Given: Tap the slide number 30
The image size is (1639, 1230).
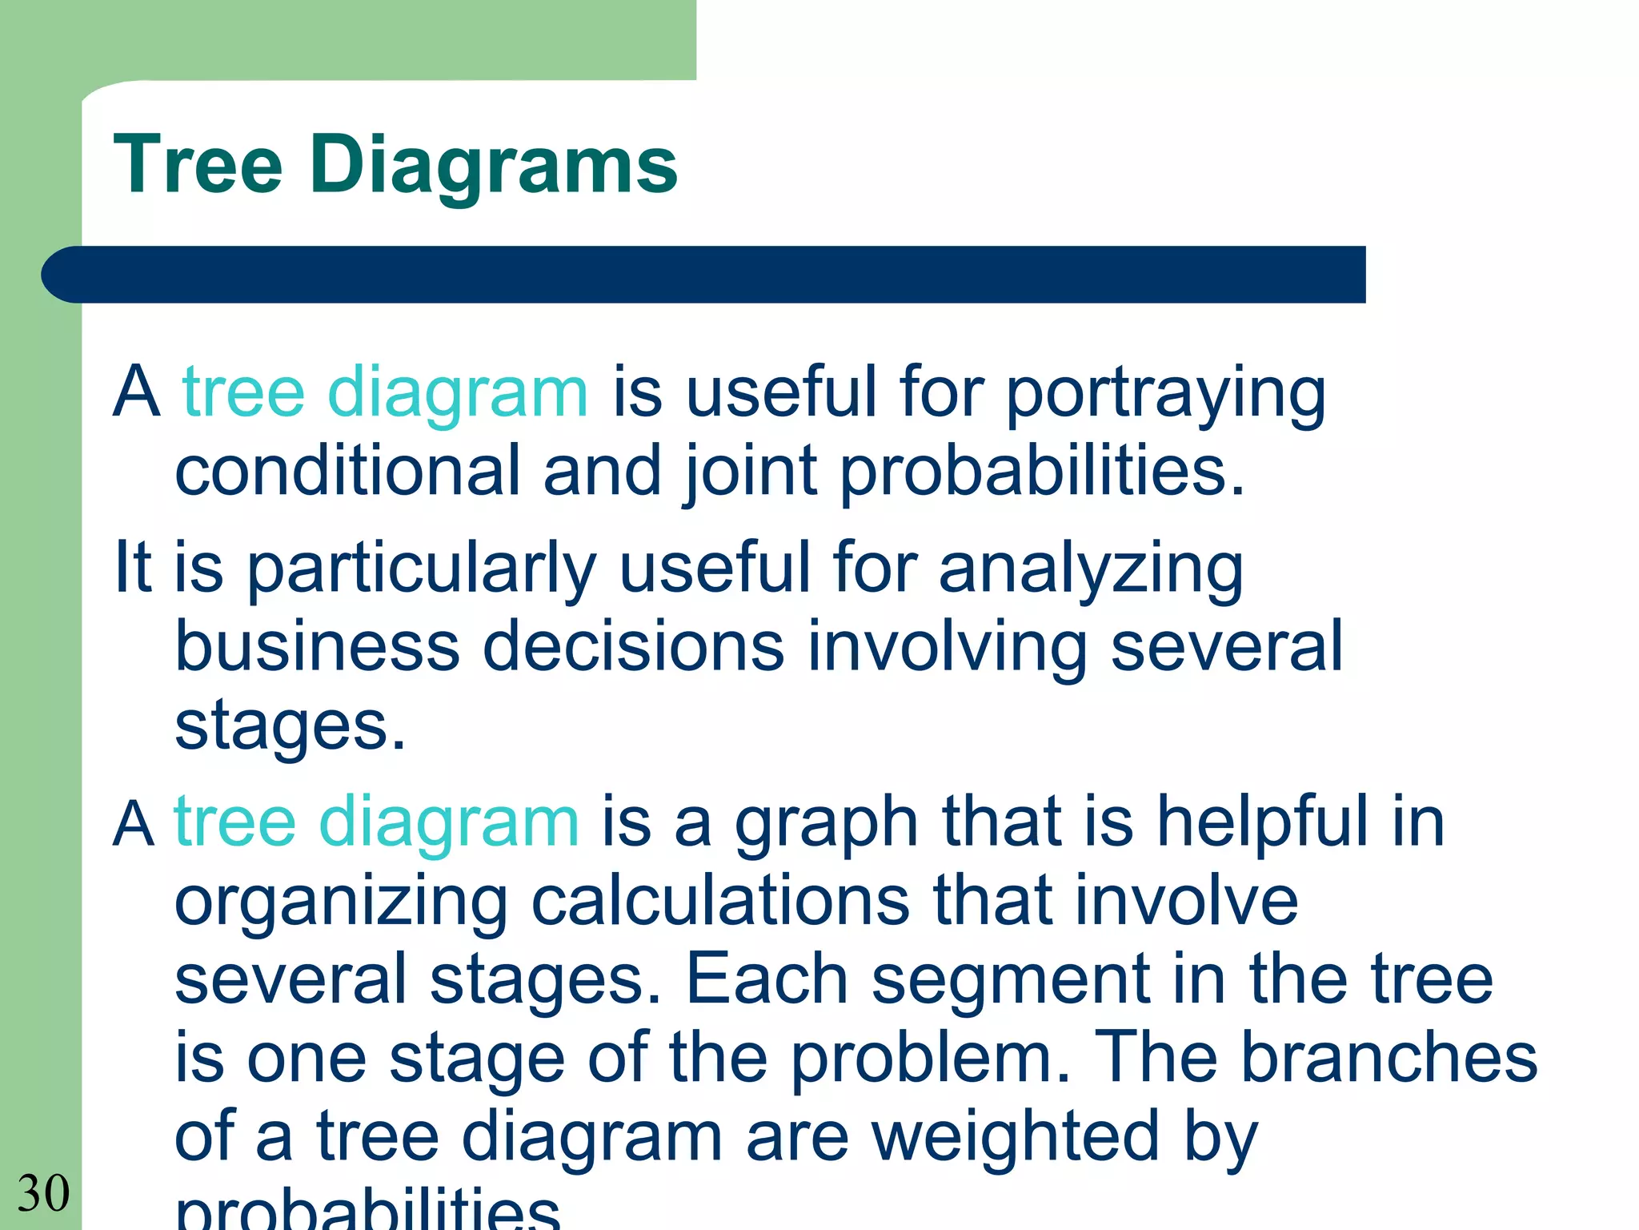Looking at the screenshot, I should (43, 1193).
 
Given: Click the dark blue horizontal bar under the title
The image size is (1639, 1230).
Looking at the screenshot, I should (704, 275).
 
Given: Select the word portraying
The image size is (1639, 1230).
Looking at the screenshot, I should (1165, 396).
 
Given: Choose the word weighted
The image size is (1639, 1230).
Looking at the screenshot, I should (1016, 1137).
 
